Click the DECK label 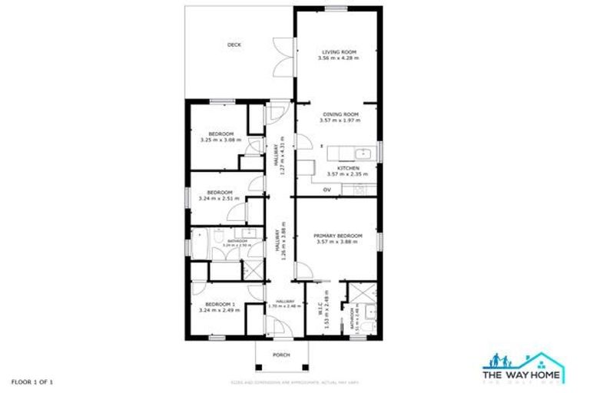[x=234, y=45]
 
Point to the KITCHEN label [x=348, y=167]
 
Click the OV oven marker [x=326, y=189]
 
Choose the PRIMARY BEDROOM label [x=339, y=236]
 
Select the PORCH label [x=282, y=355]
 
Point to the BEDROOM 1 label [x=220, y=304]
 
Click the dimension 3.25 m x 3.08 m [x=220, y=140]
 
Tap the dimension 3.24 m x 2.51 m [x=219, y=198]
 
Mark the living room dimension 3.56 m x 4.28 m [x=340, y=58]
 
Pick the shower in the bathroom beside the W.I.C [x=357, y=292]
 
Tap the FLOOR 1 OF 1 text [x=31, y=381]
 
